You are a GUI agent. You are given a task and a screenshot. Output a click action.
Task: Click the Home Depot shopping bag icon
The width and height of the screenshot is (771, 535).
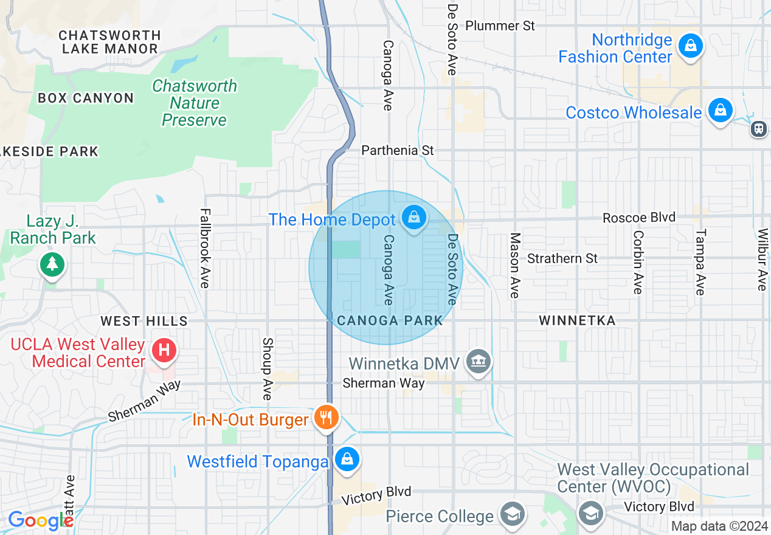point(413,217)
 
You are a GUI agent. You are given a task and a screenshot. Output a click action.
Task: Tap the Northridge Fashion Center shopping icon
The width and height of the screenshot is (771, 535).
point(690,47)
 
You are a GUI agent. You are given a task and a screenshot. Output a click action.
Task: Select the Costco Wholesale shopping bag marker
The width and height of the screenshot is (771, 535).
point(720,111)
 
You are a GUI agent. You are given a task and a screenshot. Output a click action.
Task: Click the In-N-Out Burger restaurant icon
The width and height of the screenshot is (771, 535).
point(327,418)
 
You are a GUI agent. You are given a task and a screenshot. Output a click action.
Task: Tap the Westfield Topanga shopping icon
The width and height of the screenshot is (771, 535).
point(347,460)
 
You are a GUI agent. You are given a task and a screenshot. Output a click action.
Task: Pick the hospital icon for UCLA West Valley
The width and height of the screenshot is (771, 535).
point(164,351)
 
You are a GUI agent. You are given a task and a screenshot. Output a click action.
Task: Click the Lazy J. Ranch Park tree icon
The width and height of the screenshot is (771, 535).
point(53,264)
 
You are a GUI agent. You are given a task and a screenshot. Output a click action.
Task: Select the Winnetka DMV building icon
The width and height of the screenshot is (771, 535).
point(478,362)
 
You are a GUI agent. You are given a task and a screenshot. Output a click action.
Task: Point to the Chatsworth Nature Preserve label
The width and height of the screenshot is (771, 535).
point(194,103)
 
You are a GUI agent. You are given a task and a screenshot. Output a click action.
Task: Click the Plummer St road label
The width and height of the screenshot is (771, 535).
point(500,26)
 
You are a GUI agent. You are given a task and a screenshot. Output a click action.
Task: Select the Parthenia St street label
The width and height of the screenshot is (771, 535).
point(398,150)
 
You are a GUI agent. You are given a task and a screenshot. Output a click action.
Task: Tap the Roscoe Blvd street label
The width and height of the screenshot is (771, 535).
point(638,218)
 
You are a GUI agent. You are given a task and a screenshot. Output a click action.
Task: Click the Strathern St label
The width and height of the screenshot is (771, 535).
point(562,258)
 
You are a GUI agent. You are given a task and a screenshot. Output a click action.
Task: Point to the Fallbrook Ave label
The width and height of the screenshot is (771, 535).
point(205,249)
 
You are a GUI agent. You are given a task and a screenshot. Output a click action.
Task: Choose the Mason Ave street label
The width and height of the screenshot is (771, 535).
point(515,265)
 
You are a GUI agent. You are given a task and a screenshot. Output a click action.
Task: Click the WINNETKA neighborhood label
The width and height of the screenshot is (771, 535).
point(577,320)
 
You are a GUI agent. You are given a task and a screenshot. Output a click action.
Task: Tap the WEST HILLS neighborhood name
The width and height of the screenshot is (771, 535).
point(144,320)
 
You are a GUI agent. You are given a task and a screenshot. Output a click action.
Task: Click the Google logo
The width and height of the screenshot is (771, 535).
point(40,520)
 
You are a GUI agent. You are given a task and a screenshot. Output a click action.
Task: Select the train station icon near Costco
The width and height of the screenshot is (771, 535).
point(758,128)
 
